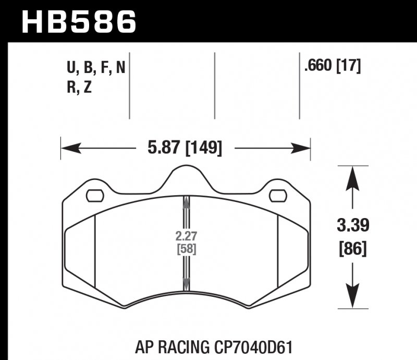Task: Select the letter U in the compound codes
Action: click(70, 68)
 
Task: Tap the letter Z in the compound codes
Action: click(87, 88)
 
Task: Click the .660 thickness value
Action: click(320, 67)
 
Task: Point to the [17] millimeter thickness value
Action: click(350, 67)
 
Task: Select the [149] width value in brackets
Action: click(203, 149)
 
